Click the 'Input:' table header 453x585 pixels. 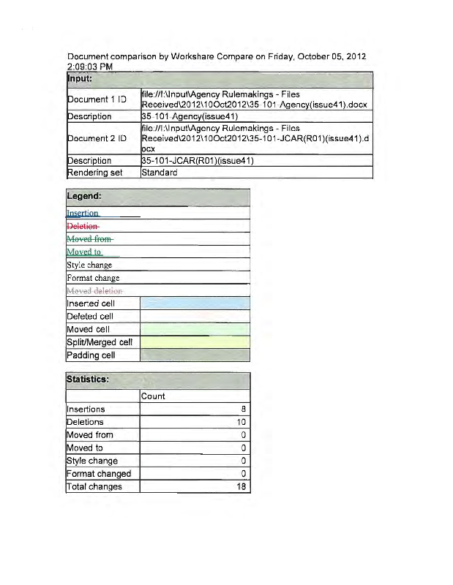[x=83, y=78]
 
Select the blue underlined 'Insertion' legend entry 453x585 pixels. [x=83, y=214]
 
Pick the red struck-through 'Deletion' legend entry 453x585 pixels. [x=82, y=227]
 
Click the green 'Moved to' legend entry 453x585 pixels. [x=84, y=252]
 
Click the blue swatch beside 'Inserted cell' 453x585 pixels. [x=195, y=303]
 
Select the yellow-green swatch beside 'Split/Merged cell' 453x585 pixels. [x=195, y=342]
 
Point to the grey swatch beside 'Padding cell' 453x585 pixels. [x=195, y=355]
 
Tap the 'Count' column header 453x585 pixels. [x=154, y=396]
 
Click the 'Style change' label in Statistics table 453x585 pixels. [x=92, y=461]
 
